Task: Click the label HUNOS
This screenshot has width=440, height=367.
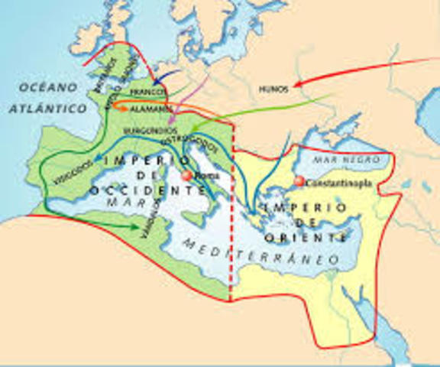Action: click(271, 88)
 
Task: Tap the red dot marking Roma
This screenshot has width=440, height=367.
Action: click(186, 176)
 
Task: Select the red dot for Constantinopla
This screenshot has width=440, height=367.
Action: click(299, 181)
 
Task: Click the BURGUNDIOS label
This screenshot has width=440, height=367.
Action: click(150, 131)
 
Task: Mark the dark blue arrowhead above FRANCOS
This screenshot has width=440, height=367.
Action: click(157, 81)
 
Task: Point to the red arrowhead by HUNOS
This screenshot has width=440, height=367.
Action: click(296, 82)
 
